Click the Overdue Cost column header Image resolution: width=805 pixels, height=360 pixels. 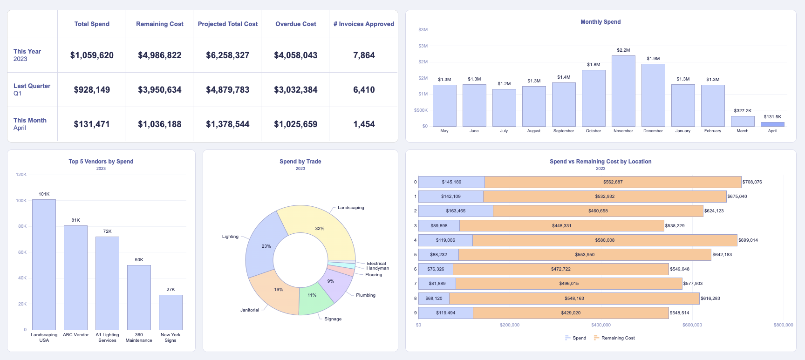295,24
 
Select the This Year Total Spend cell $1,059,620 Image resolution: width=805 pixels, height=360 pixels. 92,55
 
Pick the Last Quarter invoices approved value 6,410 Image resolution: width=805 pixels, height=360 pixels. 364,90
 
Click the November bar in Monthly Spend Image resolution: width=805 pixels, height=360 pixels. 623,91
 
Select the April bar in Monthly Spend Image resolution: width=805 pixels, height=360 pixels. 772,124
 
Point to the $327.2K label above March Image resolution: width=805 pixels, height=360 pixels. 743,111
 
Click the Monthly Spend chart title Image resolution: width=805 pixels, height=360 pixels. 600,22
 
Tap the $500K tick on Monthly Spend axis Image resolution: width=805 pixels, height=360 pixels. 421,110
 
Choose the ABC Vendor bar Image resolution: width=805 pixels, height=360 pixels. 75,278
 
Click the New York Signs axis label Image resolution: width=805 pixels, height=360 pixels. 171,338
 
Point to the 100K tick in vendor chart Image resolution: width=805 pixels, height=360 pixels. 21,201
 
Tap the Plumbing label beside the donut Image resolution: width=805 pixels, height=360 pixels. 366,295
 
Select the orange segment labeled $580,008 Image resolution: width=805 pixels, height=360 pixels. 605,240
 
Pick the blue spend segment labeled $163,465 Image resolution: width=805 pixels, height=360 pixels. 456,211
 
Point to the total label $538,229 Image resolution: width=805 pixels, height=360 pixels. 675,226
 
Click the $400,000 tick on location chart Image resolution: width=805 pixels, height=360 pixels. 601,325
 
